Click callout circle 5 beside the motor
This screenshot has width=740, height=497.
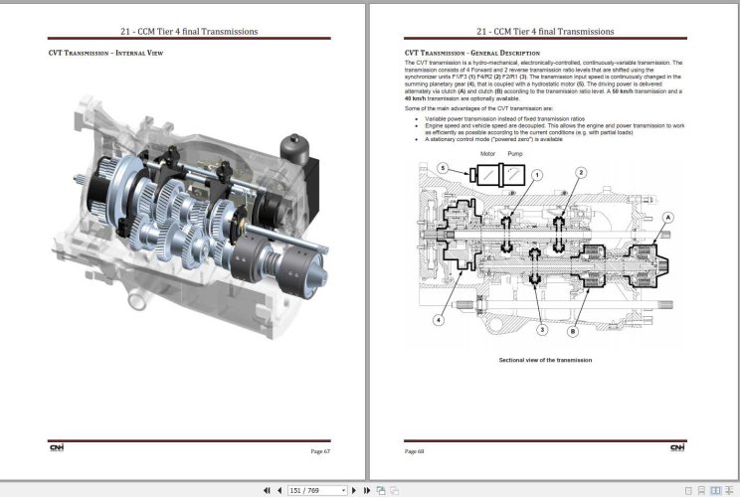pos(443,169)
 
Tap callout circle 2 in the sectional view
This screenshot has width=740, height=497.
pos(581,175)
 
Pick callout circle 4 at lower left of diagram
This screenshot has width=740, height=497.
pos(439,320)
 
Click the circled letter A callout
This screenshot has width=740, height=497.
pos(668,216)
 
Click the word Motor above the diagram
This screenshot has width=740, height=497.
pos(488,155)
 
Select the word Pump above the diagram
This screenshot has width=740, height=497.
pos(515,155)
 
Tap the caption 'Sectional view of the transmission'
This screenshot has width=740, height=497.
pos(545,359)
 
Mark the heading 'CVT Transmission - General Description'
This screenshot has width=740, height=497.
pos(472,52)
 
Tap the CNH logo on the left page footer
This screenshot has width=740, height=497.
pos(57,448)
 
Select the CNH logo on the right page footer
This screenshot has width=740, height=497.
pos(678,448)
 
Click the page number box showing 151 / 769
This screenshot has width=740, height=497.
pos(316,490)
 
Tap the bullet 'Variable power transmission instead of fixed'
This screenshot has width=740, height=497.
pos(501,117)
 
